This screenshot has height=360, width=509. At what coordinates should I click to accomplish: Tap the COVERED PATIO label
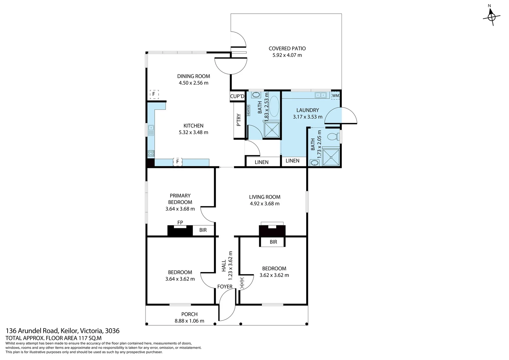[287, 49]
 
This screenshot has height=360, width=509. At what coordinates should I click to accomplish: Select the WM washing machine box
[335, 96]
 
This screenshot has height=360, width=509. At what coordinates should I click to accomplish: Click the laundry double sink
[321, 95]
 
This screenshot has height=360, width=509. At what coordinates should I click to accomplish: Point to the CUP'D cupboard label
[237, 96]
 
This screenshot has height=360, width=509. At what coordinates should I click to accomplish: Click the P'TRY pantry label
[239, 120]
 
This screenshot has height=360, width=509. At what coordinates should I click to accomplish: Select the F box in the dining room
[154, 94]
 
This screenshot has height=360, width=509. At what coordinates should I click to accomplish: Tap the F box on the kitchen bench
[178, 162]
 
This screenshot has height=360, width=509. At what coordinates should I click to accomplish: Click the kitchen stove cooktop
[151, 153]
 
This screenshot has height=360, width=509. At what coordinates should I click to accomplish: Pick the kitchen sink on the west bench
[151, 130]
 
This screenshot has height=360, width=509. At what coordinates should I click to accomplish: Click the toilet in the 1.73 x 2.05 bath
[333, 137]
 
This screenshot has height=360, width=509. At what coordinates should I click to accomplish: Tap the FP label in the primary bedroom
[180, 223]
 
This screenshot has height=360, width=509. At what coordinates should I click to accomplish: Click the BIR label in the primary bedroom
[203, 230]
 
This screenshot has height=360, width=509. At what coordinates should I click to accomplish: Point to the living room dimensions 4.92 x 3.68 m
[264, 204]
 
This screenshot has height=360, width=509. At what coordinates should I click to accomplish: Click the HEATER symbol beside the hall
[242, 283]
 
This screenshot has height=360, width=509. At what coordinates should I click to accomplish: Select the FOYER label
[225, 287]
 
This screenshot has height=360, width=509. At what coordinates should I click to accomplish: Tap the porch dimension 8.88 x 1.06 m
[189, 321]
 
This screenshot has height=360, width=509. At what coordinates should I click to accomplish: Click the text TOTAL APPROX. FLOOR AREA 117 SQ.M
[54, 338]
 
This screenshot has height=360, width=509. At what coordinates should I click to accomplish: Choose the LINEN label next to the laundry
[292, 161]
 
